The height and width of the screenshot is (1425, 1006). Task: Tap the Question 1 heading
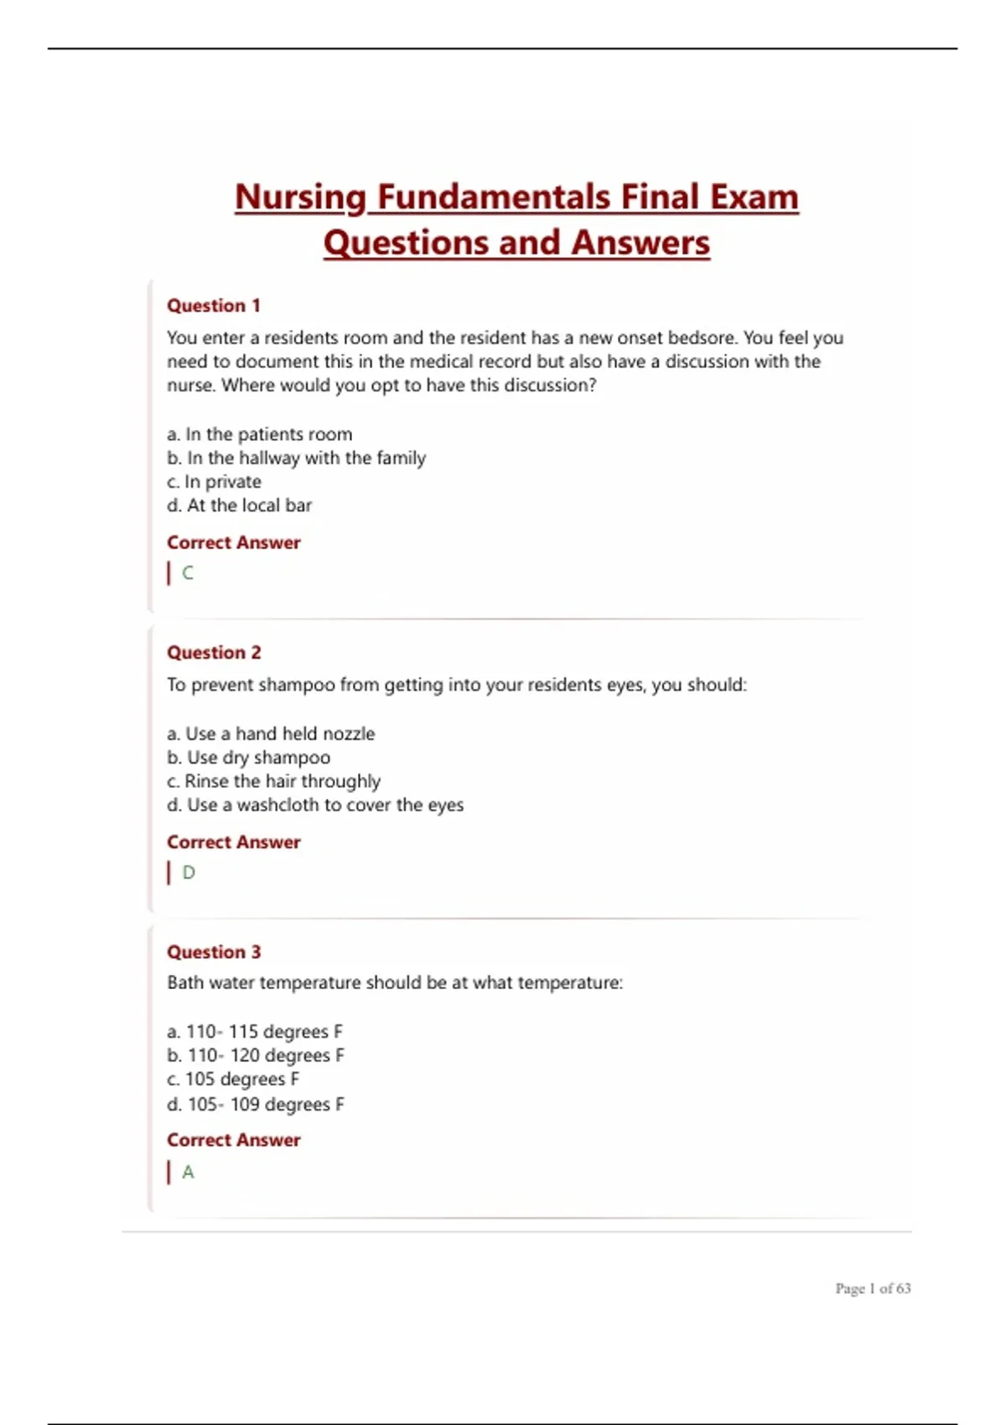click(214, 306)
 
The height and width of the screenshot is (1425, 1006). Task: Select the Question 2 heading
click(214, 653)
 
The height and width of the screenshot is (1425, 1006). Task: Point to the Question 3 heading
click(214, 952)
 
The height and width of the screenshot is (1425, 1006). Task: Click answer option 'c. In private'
click(214, 482)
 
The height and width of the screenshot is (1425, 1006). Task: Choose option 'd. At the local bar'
click(239, 505)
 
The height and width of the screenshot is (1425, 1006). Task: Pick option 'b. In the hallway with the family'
click(296, 459)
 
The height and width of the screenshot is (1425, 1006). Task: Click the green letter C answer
click(188, 573)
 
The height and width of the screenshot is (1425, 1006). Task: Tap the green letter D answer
click(189, 873)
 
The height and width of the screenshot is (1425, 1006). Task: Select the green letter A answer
click(188, 1172)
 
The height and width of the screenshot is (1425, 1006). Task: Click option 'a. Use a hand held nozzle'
click(271, 734)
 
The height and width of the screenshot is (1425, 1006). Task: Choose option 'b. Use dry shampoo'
click(248, 758)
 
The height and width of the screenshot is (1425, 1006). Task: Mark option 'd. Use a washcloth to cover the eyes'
click(315, 806)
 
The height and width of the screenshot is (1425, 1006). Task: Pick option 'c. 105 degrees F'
click(233, 1080)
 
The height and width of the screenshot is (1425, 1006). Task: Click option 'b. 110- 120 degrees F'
click(256, 1056)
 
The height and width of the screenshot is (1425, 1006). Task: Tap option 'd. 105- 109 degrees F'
click(256, 1105)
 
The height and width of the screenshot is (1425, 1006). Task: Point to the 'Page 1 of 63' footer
click(873, 1288)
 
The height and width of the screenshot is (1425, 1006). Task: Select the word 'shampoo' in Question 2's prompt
click(297, 686)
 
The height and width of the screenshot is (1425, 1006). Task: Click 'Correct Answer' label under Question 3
click(233, 1140)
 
